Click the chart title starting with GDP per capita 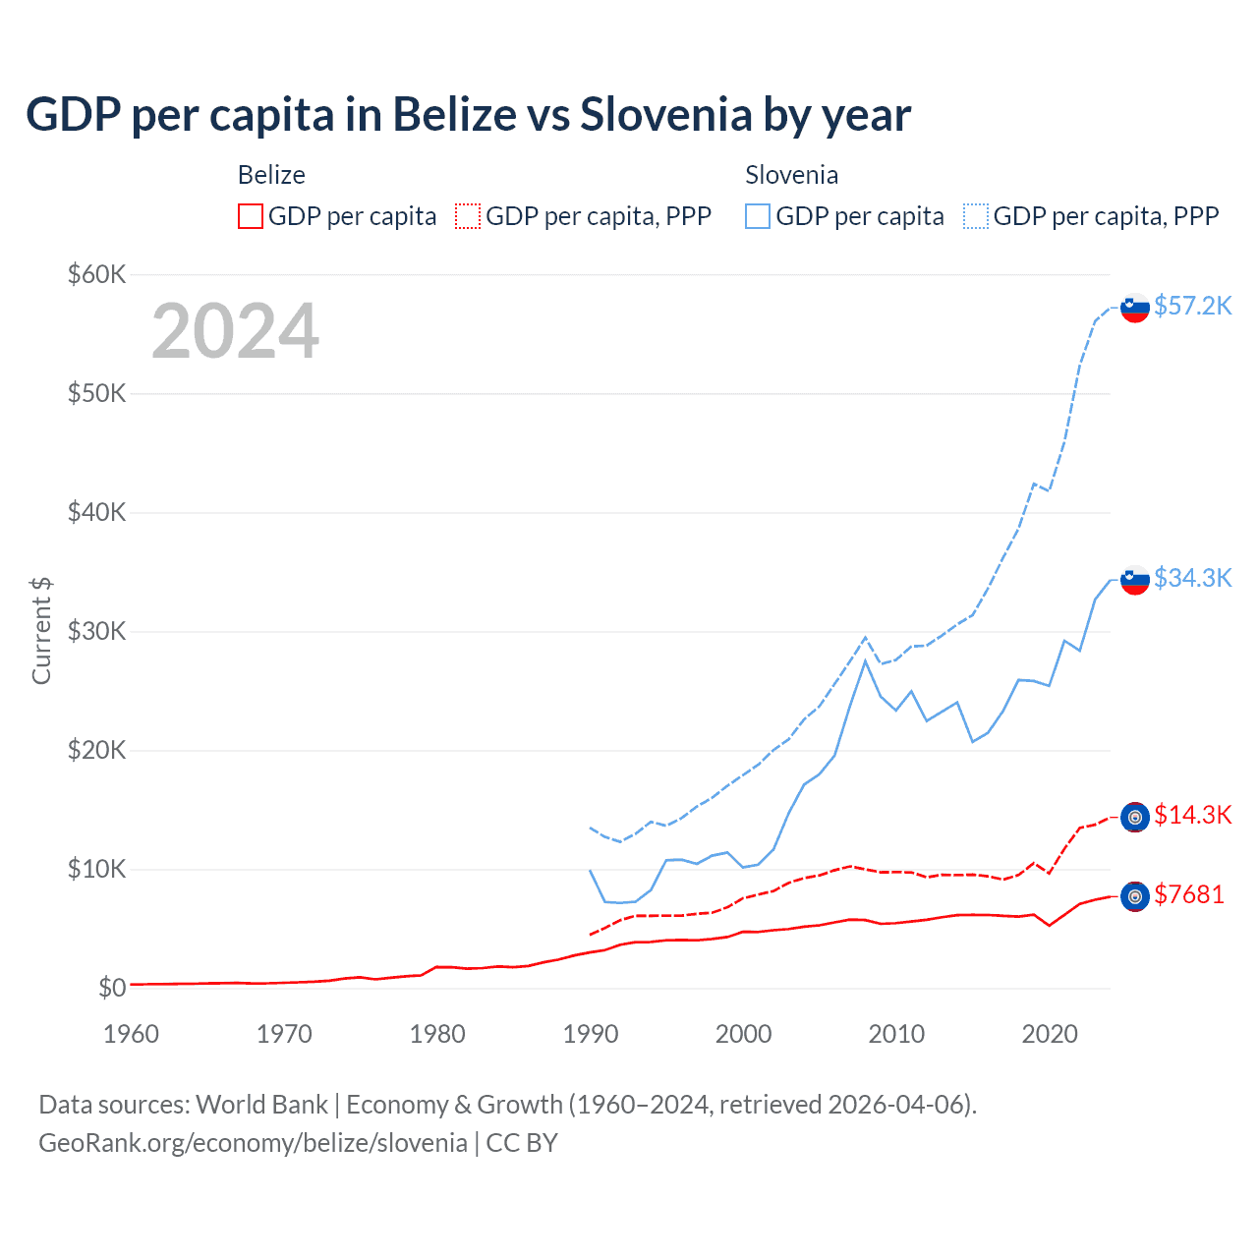click(468, 115)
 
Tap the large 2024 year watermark click(235, 331)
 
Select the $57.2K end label click(1192, 306)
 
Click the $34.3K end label click(1192, 578)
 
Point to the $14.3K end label click(1192, 815)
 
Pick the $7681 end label click(1188, 894)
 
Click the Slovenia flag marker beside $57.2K click(1135, 308)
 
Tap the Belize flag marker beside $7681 click(1135, 896)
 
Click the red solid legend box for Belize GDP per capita click(251, 216)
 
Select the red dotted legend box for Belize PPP click(468, 216)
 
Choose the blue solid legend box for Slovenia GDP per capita click(758, 216)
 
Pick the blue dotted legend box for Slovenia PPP click(976, 216)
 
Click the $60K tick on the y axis click(96, 274)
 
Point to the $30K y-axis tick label click(96, 631)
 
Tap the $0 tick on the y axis click(112, 988)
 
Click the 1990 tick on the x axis click(591, 1034)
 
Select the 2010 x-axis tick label click(896, 1034)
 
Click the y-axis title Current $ click(41, 631)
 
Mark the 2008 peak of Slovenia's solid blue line click(865, 660)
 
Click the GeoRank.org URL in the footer click(253, 1143)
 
